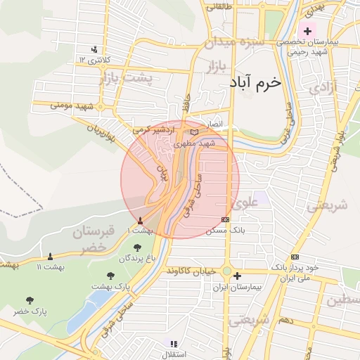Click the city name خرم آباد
255,82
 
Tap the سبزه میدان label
234,43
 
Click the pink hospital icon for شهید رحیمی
307,31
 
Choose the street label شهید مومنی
72,106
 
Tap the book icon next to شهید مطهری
194,131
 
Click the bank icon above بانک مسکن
224,219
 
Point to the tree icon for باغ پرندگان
136,247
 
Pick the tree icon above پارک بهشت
110,276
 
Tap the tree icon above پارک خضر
29,300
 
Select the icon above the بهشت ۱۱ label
50,256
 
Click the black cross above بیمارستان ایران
238,276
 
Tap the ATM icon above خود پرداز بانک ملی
295,257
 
